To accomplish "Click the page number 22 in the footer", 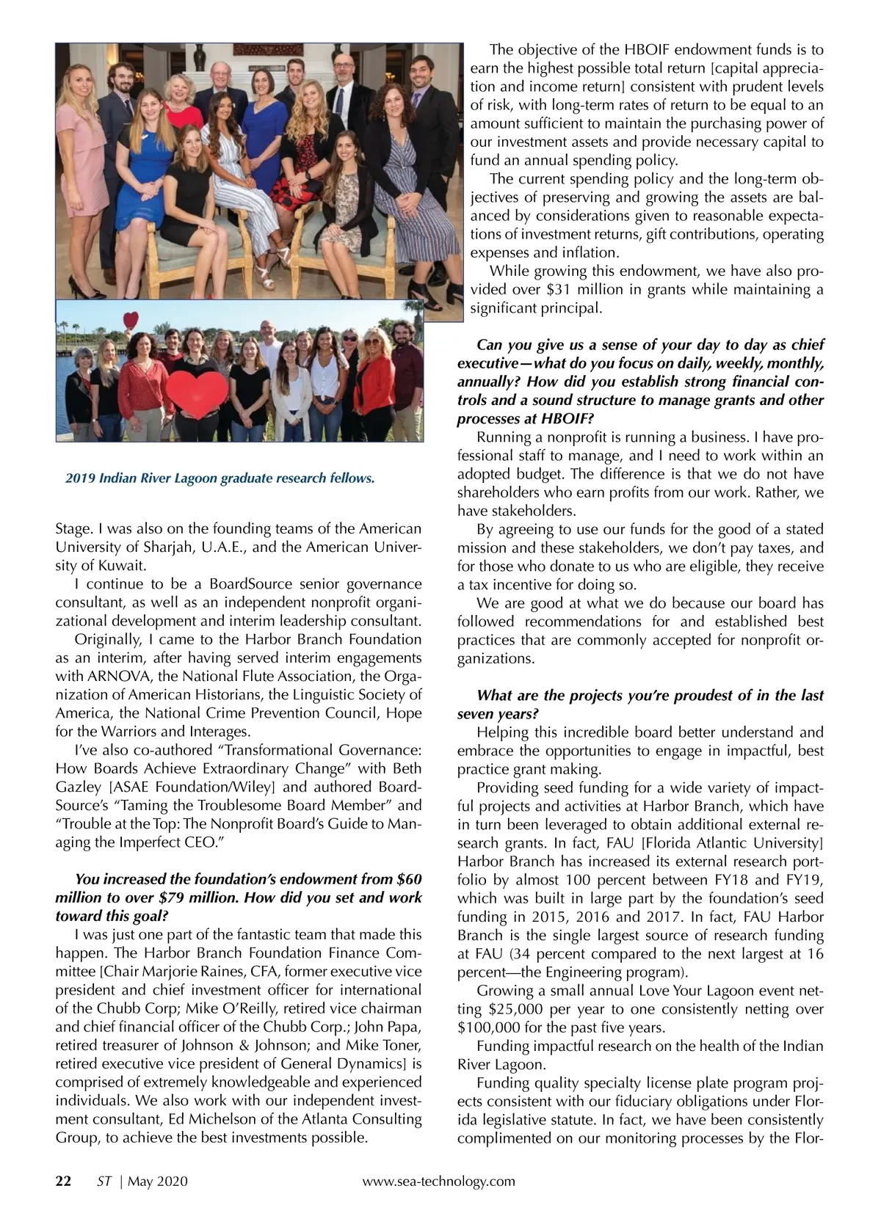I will coord(64,1182).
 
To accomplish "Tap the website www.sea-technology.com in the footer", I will coord(439,1182).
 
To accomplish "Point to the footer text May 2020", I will coord(158,1182).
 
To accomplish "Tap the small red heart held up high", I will coord(131,321).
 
